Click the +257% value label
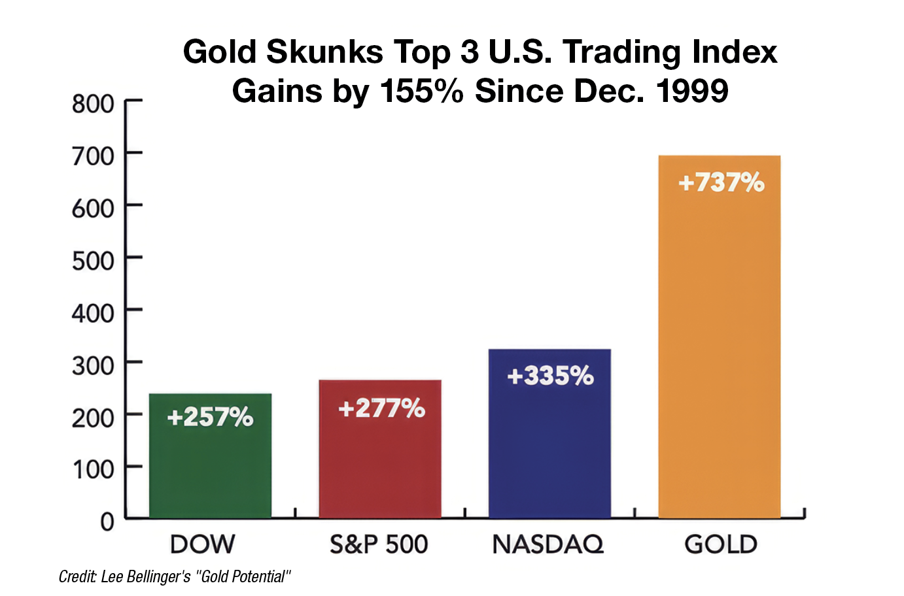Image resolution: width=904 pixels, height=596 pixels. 210,417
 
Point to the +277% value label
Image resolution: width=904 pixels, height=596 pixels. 381,408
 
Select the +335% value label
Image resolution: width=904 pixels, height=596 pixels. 550,376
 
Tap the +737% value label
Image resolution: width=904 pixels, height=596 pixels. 721,182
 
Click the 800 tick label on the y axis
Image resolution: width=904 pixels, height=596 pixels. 93,104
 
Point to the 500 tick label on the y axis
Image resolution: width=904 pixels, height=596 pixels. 93,261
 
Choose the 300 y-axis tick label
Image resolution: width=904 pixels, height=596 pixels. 93,365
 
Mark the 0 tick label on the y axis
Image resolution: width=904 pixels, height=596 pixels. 107,522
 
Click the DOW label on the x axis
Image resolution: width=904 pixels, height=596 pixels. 202,544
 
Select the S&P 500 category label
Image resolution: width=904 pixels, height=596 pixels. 379,544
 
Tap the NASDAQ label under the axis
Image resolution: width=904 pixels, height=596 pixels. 548,544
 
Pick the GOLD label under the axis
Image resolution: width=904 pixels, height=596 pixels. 721,544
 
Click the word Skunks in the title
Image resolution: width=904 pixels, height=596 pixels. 324,52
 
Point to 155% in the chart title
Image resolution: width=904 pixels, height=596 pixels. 422,91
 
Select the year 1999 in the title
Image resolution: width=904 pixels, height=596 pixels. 692,91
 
